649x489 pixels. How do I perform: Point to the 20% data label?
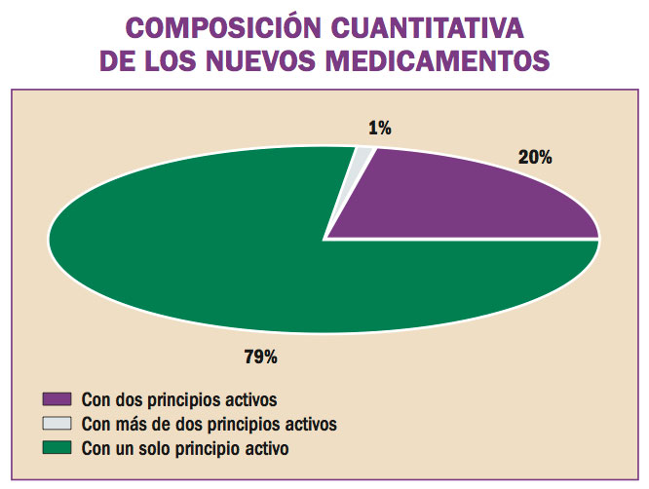[536, 157]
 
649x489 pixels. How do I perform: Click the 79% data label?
[260, 357]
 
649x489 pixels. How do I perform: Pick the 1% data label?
[379, 128]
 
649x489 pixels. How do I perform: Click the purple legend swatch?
[57, 398]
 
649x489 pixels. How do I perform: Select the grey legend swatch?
[57, 424]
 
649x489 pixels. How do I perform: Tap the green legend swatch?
[57, 448]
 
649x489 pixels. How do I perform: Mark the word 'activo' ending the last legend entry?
[267, 448]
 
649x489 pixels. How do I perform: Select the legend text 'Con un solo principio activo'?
[185, 448]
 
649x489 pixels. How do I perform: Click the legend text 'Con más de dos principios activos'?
[209, 424]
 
